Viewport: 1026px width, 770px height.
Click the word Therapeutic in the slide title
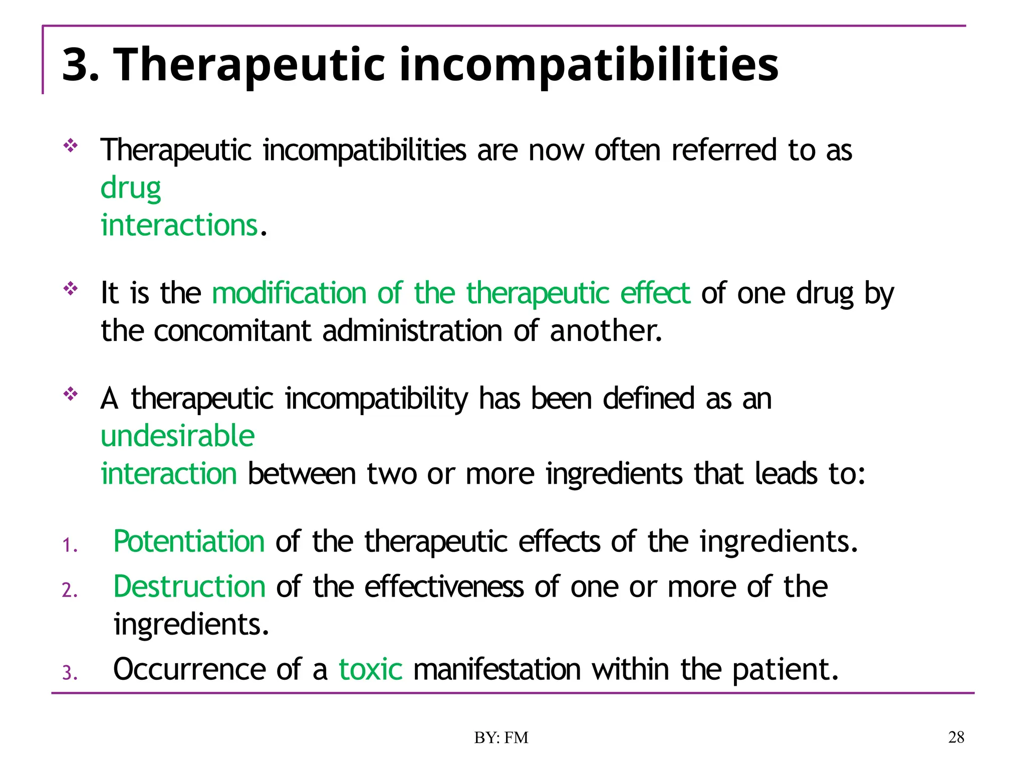(x=249, y=65)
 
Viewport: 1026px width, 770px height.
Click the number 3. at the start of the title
(x=81, y=65)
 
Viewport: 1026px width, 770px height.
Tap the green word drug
(x=131, y=188)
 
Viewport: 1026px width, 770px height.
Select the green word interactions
(x=179, y=225)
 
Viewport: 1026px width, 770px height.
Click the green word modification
(x=289, y=293)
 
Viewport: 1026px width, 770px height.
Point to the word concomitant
(x=232, y=331)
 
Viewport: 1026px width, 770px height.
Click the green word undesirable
(x=178, y=436)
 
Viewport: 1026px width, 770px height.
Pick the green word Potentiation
(x=189, y=541)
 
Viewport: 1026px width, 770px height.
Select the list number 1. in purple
(x=70, y=545)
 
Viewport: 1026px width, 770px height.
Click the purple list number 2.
(x=70, y=591)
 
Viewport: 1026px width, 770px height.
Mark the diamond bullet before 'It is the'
(x=71, y=289)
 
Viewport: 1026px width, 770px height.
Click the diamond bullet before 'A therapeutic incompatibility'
(x=71, y=394)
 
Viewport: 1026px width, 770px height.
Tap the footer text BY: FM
(x=501, y=737)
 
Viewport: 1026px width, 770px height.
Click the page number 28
(x=956, y=737)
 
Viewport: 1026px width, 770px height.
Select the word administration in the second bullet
(x=412, y=331)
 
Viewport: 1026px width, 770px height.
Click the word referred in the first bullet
(x=724, y=150)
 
